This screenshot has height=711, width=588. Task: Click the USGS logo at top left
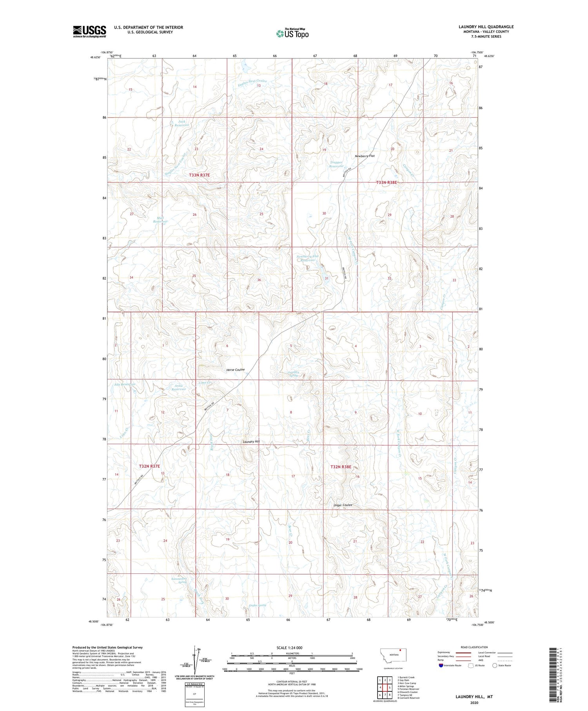(x=89, y=31)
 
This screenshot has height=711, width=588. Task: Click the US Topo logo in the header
(x=292, y=33)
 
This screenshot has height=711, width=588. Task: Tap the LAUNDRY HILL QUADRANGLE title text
(x=486, y=27)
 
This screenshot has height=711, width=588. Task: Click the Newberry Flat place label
(x=365, y=156)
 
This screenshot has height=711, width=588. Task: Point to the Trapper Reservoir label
(x=336, y=164)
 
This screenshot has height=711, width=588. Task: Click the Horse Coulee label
(x=235, y=369)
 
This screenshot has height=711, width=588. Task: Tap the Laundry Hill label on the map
(x=251, y=442)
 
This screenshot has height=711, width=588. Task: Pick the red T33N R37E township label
(x=199, y=175)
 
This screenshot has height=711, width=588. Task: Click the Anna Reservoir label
(x=178, y=387)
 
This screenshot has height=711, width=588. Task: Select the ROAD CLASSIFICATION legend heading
(x=474, y=647)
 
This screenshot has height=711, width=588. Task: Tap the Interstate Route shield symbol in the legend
(x=441, y=666)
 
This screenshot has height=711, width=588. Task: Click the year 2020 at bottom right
(x=474, y=697)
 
